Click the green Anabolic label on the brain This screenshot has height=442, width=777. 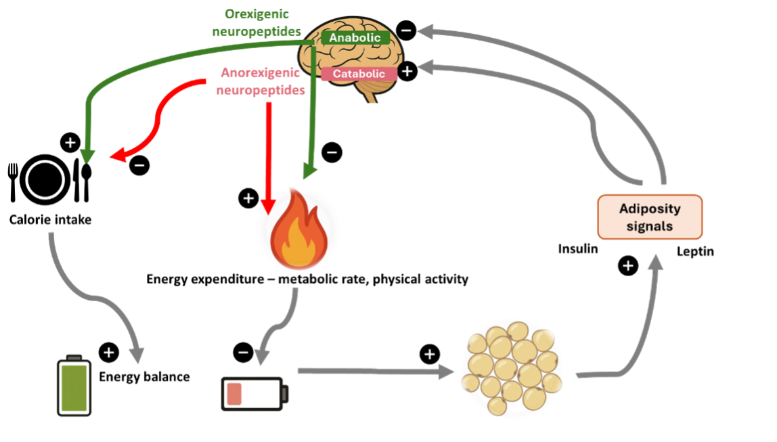pos(355,38)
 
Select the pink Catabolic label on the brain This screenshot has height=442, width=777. pos(359,73)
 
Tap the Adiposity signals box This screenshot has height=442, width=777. pos(650,217)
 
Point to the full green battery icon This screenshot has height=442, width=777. pos(74,386)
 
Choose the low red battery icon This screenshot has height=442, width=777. pos(257,394)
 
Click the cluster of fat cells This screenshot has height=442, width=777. pos(512,368)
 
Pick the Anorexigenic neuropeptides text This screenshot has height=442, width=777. pos(261,80)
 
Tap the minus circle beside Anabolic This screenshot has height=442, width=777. pos(403,30)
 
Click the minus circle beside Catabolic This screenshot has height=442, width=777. pos(404,70)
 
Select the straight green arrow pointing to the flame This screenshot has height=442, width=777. pos(312,122)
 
